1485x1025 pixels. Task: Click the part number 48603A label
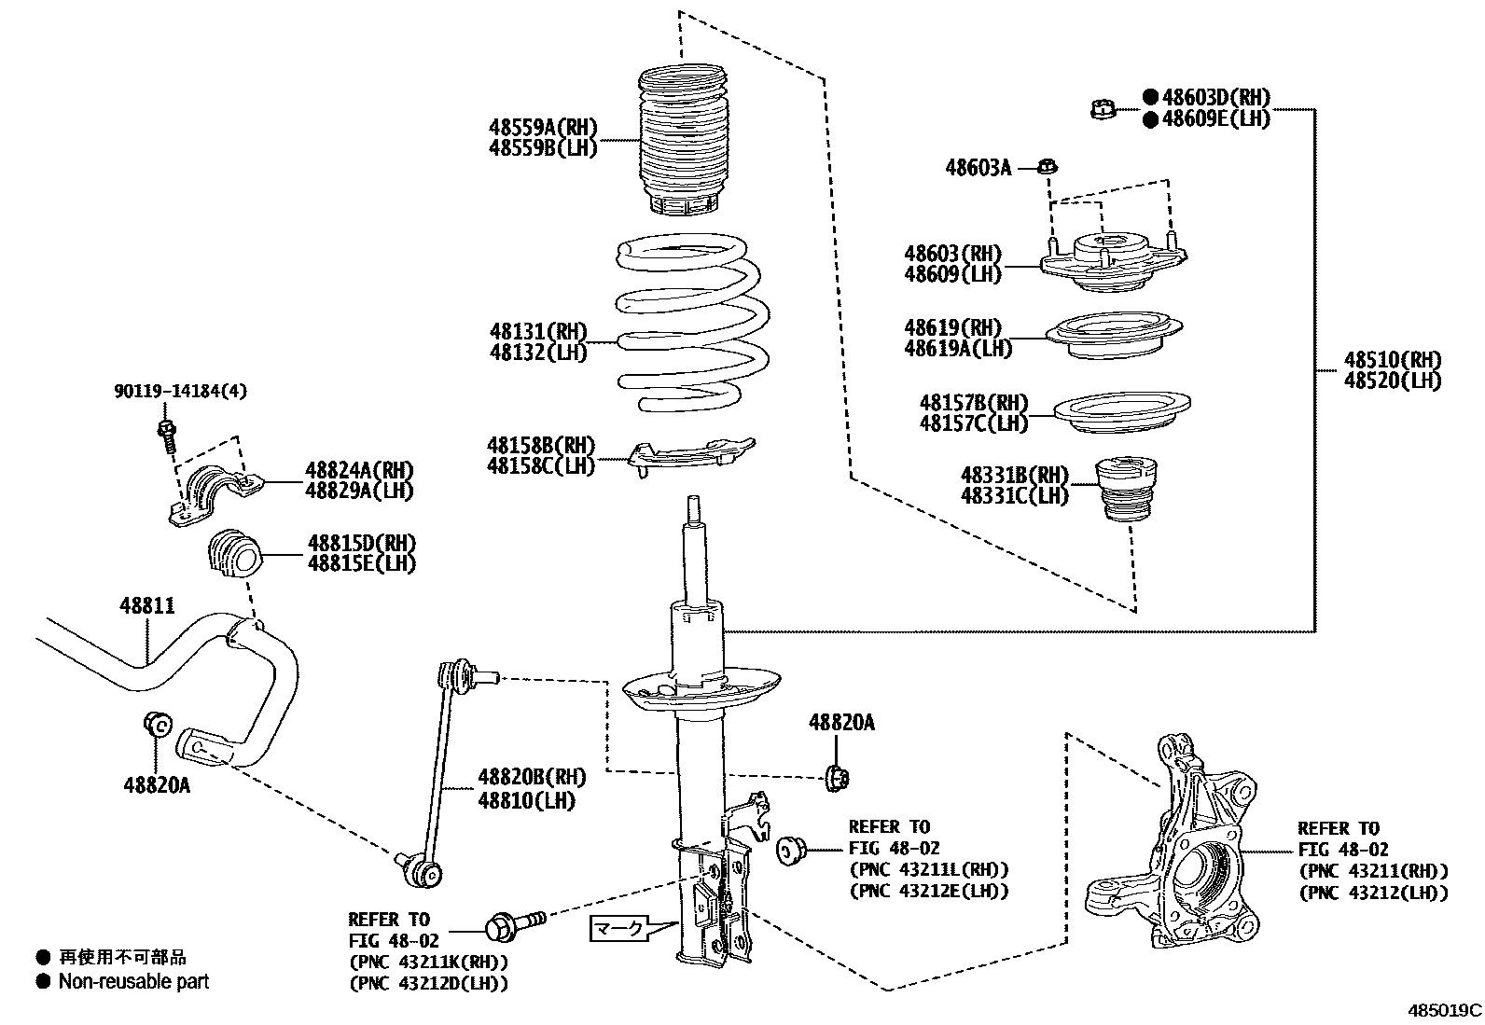click(x=978, y=168)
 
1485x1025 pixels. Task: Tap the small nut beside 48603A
click(x=1047, y=168)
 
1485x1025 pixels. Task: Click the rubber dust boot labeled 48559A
click(x=684, y=140)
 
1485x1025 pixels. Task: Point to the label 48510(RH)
click(x=1392, y=360)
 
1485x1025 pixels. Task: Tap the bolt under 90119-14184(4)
click(x=168, y=435)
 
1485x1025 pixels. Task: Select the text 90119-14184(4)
click(x=181, y=392)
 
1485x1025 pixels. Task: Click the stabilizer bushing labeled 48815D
click(x=233, y=554)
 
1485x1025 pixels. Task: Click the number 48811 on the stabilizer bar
click(x=146, y=606)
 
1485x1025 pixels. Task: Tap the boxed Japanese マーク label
click(x=618, y=928)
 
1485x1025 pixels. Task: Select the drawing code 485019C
click(x=1444, y=1010)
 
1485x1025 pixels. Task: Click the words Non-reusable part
click(x=133, y=981)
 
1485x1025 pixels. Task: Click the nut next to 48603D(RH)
click(x=1103, y=110)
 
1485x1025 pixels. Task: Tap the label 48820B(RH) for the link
click(x=532, y=777)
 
